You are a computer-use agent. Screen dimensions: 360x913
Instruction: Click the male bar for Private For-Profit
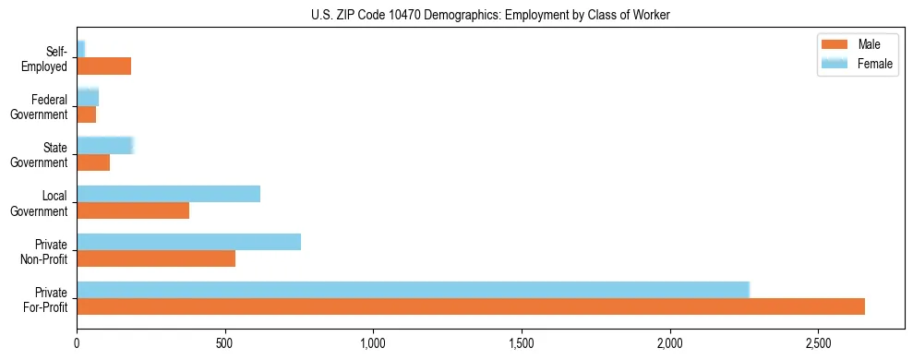(471, 306)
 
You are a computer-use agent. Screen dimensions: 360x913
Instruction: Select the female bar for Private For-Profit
(413, 290)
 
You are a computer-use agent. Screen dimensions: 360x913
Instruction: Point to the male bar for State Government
(93, 162)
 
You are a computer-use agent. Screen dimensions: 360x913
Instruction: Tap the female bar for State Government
(105, 146)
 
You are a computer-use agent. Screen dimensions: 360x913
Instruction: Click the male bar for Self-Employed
(103, 66)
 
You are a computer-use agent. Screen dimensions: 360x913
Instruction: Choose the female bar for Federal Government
(88, 98)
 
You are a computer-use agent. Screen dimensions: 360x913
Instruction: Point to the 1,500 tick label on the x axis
(522, 342)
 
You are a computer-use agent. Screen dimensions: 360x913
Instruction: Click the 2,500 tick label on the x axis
(818, 342)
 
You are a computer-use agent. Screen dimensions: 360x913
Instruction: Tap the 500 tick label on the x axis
(225, 342)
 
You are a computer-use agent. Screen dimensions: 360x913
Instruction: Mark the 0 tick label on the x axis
(77, 342)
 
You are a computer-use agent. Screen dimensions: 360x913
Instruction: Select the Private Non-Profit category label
(48, 251)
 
